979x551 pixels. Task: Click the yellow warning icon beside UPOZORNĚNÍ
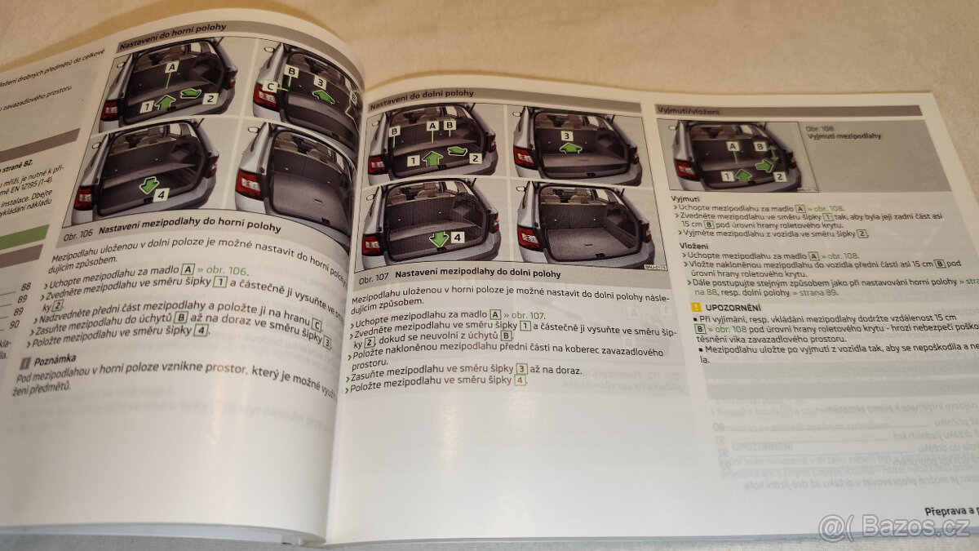(x=695, y=307)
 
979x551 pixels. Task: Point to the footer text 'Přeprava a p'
(x=950, y=511)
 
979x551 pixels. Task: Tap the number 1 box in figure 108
(x=726, y=176)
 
